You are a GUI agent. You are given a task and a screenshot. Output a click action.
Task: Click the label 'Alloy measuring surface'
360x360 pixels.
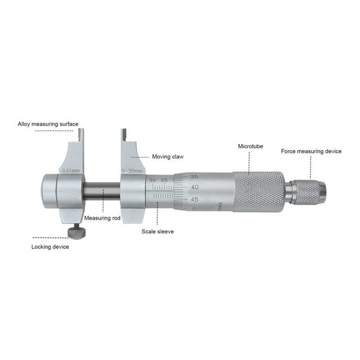pos(48,124)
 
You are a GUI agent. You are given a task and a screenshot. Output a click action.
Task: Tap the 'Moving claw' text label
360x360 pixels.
pos(167,157)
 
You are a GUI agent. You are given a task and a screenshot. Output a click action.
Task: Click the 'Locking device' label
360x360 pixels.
pos(50,247)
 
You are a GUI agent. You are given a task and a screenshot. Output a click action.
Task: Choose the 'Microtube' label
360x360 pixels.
pos(250,146)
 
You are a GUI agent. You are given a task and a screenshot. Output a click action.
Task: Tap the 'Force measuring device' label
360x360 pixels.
pos(311,151)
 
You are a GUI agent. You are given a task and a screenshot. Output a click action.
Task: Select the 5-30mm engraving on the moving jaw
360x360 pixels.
pos(132,171)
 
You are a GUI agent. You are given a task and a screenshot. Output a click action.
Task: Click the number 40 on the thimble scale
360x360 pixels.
pos(195,187)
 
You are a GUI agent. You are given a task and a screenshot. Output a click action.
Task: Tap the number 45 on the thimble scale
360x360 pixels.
pos(195,198)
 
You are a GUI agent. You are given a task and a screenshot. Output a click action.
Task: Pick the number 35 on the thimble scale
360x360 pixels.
pos(194,176)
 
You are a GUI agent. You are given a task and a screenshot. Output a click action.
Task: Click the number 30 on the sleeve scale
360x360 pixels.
pos(153,180)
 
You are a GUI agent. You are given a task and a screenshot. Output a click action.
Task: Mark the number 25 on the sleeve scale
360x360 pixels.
pos(164,180)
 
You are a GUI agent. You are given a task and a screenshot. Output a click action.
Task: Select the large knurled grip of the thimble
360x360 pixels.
pos(258,191)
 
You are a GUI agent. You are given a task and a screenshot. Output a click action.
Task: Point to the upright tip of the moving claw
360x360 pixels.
pos(123,135)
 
